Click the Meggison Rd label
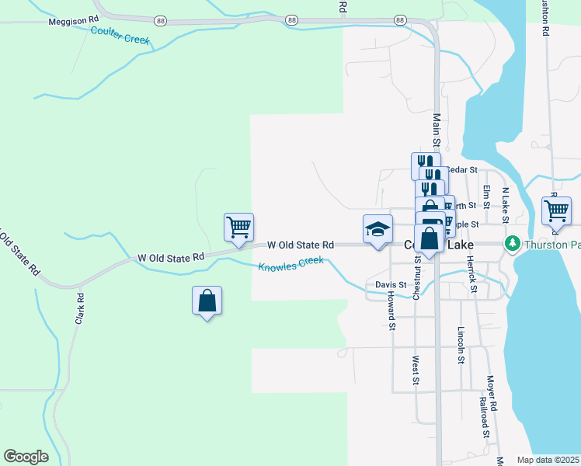pos(74,22)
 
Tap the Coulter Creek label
pos(120,35)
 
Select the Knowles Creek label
pos(290,263)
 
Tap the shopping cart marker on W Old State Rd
pos(238,228)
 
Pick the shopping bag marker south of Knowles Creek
pos(207,300)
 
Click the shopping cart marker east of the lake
pos(556,210)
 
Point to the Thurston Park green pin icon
pos(512,244)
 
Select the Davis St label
pos(391,285)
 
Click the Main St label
pos(437,130)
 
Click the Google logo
pos(26,457)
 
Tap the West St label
pos(416,371)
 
